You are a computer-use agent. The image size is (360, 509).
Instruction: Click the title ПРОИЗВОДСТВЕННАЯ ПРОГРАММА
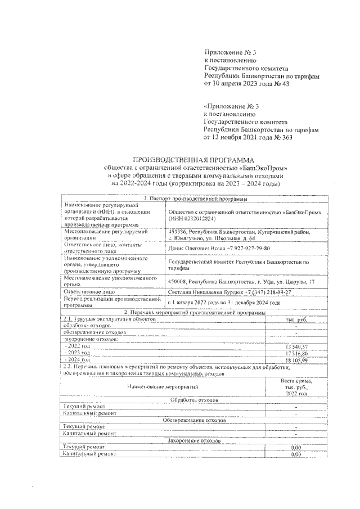click(193, 160)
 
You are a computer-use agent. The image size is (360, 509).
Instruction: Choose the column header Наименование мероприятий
click(163, 388)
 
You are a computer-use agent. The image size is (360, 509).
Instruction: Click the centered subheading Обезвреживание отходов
click(194, 420)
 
